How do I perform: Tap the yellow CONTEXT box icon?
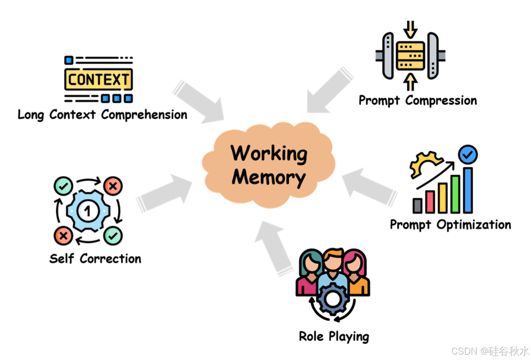pos(98,80)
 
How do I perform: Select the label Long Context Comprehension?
pos(102,115)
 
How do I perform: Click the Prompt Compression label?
pos(417,100)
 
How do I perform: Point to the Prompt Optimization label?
pos(450,224)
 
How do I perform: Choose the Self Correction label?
pos(95,258)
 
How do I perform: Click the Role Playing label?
pos(334,336)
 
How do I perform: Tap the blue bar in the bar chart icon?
pos(468,190)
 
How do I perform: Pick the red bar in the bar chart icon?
pos(430,201)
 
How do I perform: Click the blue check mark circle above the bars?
pos(468,155)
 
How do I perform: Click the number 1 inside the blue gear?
pos(88,211)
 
